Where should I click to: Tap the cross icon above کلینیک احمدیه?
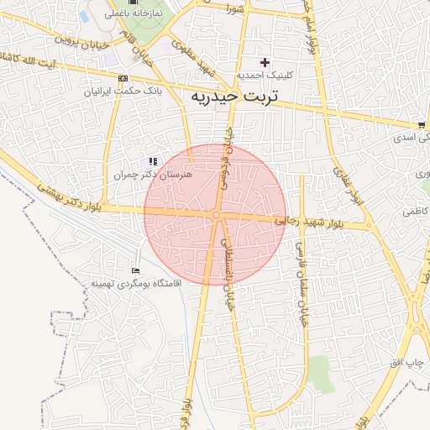click(265, 62)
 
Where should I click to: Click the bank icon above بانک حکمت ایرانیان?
click(123, 78)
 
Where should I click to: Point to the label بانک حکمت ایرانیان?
click(123, 90)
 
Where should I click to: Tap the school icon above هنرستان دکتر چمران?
click(153, 160)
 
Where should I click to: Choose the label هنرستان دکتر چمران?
click(154, 174)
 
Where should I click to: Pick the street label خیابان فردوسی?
click(240, 160)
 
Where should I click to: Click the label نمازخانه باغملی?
click(133, 15)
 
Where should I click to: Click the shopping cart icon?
click(421, 124)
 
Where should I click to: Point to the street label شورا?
click(234, 8)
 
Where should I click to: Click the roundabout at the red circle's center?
click(216, 216)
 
